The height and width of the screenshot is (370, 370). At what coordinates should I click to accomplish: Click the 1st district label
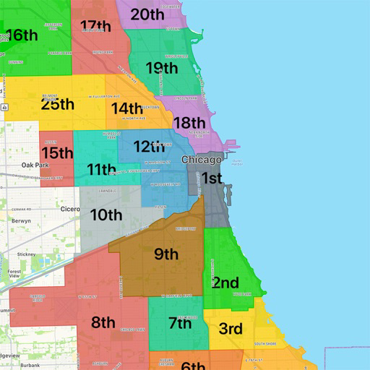click(x=211, y=178)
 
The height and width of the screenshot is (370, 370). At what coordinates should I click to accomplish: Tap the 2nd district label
click(x=225, y=283)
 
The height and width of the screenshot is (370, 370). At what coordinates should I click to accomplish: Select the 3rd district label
click(x=231, y=330)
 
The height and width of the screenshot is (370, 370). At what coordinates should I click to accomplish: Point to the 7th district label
click(x=180, y=323)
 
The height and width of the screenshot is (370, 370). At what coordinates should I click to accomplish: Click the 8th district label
click(x=103, y=322)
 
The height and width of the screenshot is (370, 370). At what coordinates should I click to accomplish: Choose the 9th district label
click(x=166, y=254)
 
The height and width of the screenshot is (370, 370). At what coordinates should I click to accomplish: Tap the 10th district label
click(x=106, y=215)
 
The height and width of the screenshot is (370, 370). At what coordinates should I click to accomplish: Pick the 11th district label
click(x=101, y=170)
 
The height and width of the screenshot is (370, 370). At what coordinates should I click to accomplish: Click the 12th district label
click(x=154, y=147)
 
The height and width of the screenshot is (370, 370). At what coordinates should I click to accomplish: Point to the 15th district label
click(x=57, y=152)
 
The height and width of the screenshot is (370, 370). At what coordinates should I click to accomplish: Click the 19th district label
click(x=162, y=69)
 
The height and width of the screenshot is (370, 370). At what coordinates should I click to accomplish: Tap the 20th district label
click(x=147, y=14)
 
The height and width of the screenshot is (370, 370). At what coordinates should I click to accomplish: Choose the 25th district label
click(x=58, y=104)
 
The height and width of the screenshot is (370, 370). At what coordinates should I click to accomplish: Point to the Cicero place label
click(x=71, y=209)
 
